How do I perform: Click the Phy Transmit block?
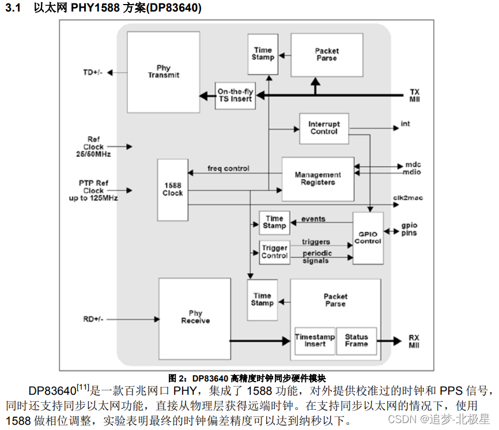click(x=163, y=72)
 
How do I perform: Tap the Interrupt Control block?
click(x=324, y=128)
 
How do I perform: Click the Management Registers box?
click(x=317, y=178)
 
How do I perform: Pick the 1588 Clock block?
click(x=172, y=190)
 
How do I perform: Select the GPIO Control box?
click(x=368, y=238)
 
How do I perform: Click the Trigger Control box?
click(x=274, y=252)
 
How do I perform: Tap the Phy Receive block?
click(x=195, y=317)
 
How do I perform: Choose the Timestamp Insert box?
click(x=311, y=341)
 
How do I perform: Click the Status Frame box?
click(x=356, y=341)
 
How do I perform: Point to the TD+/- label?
click(x=93, y=73)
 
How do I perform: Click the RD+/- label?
click(x=93, y=319)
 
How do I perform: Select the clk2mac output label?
click(x=408, y=198)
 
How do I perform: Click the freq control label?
click(x=228, y=169)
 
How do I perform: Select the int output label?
click(x=405, y=124)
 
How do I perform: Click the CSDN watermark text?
click(x=438, y=418)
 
